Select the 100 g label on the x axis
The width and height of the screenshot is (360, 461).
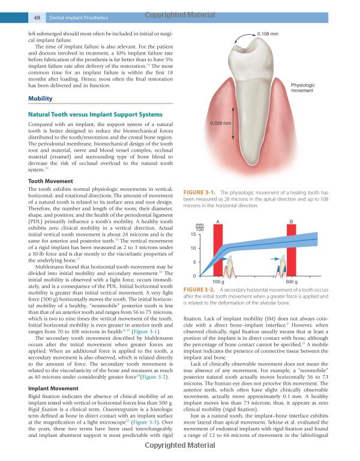218,281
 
